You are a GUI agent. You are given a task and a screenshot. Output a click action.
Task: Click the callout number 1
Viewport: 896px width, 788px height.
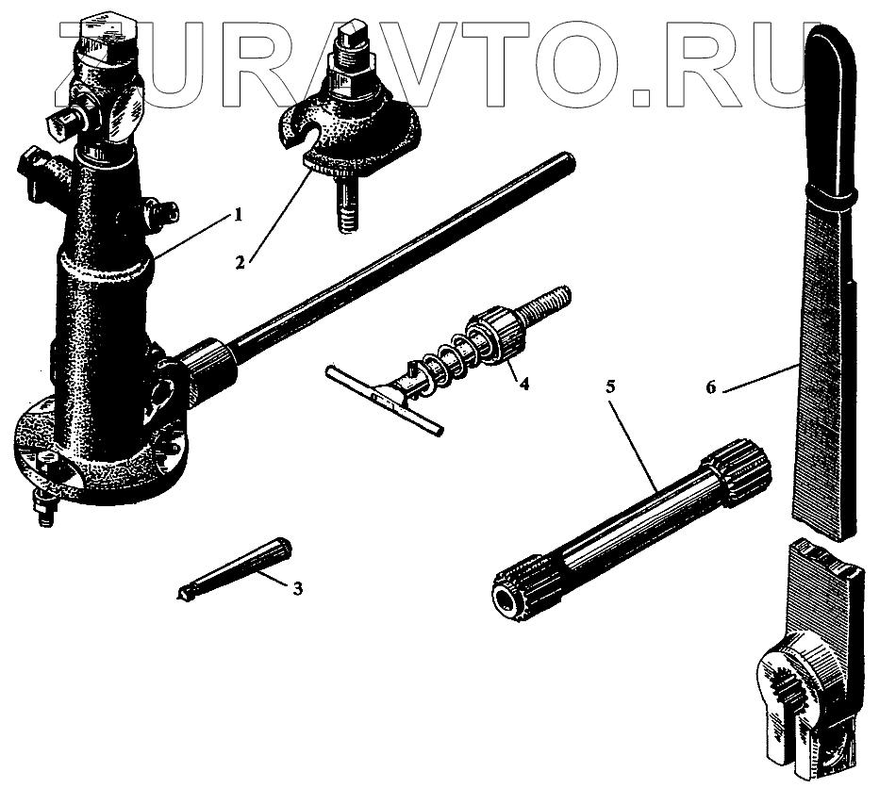point(238,215)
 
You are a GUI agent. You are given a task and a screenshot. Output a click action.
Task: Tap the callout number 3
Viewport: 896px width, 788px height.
point(297,589)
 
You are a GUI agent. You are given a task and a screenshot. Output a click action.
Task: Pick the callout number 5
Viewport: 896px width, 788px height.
point(610,386)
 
